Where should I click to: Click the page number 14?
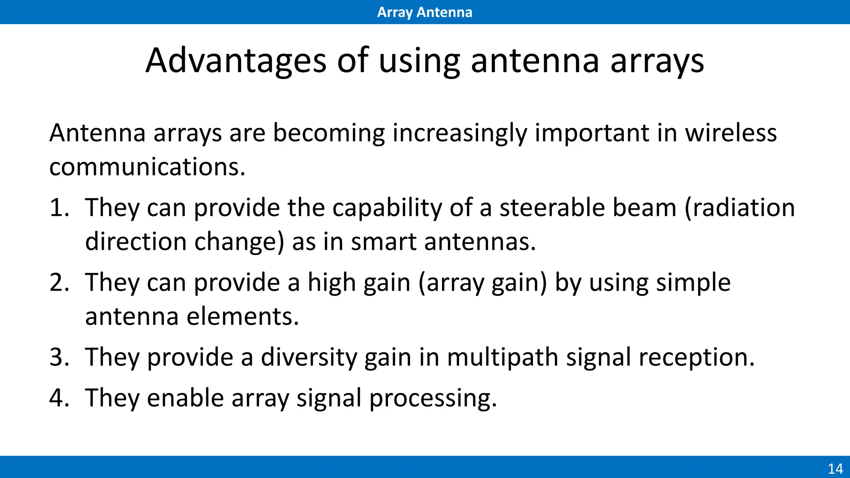(x=835, y=469)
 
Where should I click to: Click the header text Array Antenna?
(x=425, y=12)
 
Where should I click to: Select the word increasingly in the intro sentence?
(x=459, y=134)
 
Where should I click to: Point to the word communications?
(x=147, y=167)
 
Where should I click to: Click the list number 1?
(x=59, y=207)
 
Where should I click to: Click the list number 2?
(x=59, y=283)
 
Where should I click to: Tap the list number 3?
(x=59, y=357)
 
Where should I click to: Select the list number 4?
(x=59, y=398)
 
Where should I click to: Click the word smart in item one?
(x=383, y=241)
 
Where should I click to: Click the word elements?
(x=242, y=317)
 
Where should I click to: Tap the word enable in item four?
(x=186, y=398)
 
